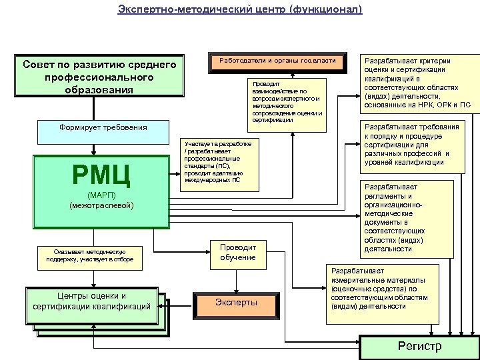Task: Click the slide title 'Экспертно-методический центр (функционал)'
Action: click(239, 9)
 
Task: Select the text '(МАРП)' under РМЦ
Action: click(101, 195)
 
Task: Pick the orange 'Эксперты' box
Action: click(236, 303)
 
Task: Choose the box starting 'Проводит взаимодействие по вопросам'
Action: click(286, 102)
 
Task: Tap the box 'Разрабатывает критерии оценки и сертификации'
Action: click(418, 81)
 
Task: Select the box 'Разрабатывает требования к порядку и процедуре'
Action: click(419, 145)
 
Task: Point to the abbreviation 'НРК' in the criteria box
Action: click(425, 105)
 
